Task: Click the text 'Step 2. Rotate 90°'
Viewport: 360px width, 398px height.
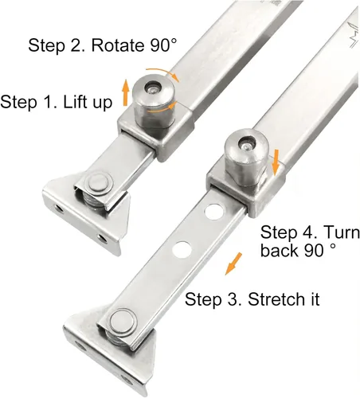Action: click(x=102, y=45)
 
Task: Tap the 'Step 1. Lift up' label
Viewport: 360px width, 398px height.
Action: click(x=57, y=102)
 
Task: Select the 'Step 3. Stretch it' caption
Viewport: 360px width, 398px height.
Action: click(x=252, y=299)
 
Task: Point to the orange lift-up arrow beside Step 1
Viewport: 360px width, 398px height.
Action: click(x=126, y=93)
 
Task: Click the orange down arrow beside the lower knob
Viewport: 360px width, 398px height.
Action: click(x=276, y=162)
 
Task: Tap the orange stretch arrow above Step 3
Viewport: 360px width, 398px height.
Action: click(x=233, y=263)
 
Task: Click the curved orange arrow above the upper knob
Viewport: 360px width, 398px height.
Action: click(x=162, y=73)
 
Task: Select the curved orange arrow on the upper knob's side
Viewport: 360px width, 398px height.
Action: click(x=162, y=108)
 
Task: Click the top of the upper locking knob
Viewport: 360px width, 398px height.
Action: click(x=153, y=88)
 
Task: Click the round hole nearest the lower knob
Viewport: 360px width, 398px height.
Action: click(x=213, y=212)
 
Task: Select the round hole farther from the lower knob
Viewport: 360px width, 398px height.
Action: click(x=182, y=250)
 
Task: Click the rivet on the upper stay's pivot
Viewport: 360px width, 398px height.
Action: click(x=99, y=183)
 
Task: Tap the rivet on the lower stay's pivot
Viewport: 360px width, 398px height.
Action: click(x=122, y=322)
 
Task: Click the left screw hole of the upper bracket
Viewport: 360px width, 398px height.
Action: click(x=58, y=208)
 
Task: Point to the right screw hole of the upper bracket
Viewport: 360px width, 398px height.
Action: click(x=103, y=238)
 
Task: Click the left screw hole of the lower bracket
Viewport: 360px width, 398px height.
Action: click(x=80, y=346)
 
